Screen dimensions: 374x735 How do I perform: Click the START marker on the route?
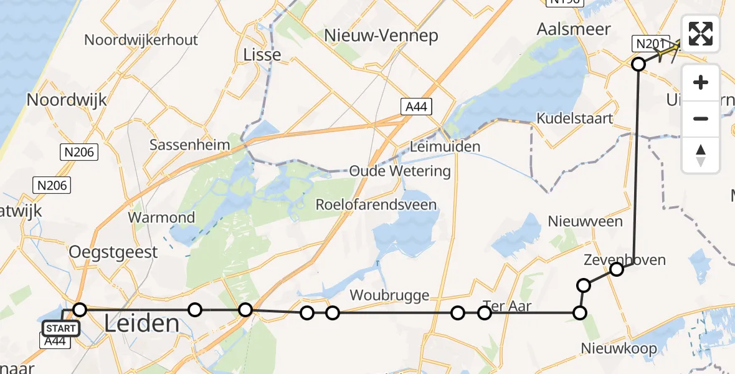click(60, 328)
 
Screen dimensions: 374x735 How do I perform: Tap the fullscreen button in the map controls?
click(701, 34)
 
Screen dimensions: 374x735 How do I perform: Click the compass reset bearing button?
click(701, 155)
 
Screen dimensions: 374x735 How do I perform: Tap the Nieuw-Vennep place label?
click(381, 36)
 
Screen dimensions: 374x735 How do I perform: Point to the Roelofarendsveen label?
click(376, 204)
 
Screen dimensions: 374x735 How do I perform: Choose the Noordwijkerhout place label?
click(141, 40)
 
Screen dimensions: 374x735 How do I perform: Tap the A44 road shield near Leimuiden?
click(415, 107)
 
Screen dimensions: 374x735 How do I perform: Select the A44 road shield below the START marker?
click(55, 340)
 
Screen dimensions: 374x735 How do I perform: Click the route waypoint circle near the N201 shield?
click(638, 64)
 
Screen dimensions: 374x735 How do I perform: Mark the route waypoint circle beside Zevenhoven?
click(617, 269)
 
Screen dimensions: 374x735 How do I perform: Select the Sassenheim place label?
click(189, 145)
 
